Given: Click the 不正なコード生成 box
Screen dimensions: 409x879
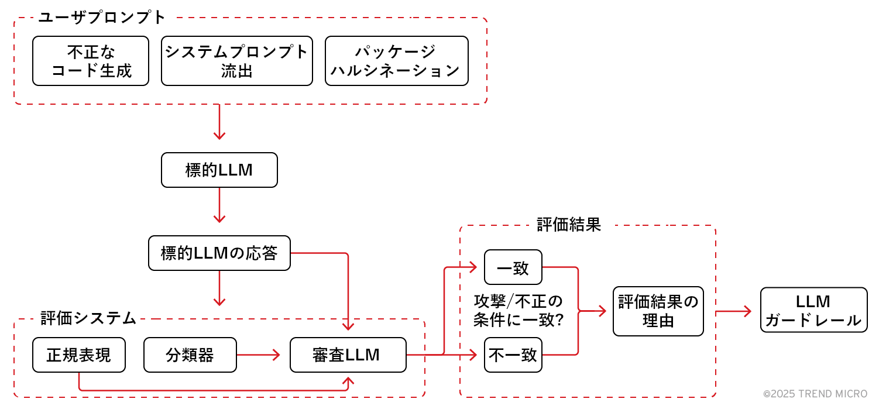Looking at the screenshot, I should tap(91, 61).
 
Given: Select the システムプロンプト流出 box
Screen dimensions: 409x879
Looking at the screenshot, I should tap(236, 61).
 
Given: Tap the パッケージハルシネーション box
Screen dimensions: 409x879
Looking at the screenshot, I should tap(396, 61).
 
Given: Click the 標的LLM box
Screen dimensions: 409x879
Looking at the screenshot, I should tap(219, 170).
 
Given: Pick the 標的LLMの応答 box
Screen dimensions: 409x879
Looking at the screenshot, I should tap(219, 253).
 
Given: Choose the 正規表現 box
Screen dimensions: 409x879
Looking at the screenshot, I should tap(79, 355).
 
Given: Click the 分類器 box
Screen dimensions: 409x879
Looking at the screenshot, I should tap(190, 355).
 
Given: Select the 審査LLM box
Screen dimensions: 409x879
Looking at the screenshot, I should tap(348, 355).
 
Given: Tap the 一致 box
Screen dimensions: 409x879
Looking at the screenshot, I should tap(513, 267).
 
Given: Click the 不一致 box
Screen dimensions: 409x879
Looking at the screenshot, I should tap(513, 355).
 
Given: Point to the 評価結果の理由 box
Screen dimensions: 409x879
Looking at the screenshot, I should tap(658, 311).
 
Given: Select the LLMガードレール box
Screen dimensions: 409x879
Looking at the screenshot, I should tap(813, 310).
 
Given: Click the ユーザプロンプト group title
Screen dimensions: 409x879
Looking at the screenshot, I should tap(102, 18).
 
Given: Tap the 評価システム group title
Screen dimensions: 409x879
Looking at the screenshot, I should tap(88, 318).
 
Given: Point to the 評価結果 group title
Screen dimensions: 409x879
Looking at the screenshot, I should tap(569, 225).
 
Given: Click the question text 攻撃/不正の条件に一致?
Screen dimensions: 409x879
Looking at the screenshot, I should tap(518, 311).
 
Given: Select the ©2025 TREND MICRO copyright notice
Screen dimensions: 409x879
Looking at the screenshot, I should tap(815, 394).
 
